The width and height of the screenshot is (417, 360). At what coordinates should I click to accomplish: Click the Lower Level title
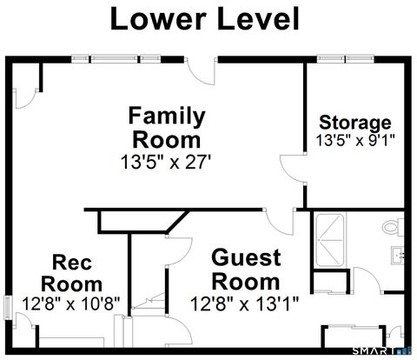click(x=204, y=19)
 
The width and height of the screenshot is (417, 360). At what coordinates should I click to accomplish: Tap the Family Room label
click(x=167, y=128)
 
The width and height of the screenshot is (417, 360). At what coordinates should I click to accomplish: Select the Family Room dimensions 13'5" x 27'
click(x=165, y=162)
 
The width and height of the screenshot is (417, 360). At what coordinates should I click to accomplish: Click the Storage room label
click(x=355, y=123)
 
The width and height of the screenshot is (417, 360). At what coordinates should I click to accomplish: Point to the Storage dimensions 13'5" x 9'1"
click(x=355, y=141)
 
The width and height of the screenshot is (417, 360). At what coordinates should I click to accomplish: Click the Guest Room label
click(x=246, y=270)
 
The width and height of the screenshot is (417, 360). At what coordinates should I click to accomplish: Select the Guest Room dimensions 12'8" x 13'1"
click(x=244, y=303)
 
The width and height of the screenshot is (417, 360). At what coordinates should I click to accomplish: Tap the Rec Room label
click(x=71, y=273)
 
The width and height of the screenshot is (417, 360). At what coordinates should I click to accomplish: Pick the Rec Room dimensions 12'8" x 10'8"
click(x=71, y=303)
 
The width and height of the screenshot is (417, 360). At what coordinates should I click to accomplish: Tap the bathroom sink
click(x=397, y=255)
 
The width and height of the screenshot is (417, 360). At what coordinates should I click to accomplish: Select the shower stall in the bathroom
click(x=330, y=240)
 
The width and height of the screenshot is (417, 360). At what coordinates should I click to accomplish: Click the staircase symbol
click(x=149, y=303)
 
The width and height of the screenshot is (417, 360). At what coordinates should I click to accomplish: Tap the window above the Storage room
click(x=345, y=59)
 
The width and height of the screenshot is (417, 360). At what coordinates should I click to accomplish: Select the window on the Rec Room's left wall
click(x=8, y=307)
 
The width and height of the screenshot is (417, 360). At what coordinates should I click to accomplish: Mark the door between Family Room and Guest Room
click(x=280, y=222)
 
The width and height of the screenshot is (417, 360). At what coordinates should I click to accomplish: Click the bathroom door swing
click(x=367, y=279)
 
